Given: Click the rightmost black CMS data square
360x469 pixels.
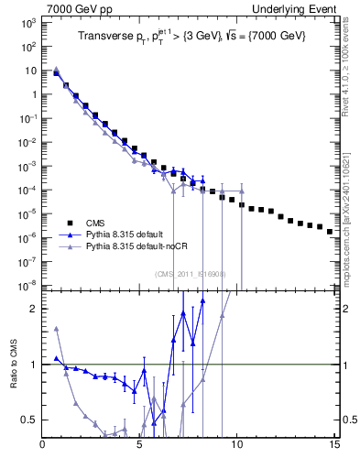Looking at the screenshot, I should point(330,232).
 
